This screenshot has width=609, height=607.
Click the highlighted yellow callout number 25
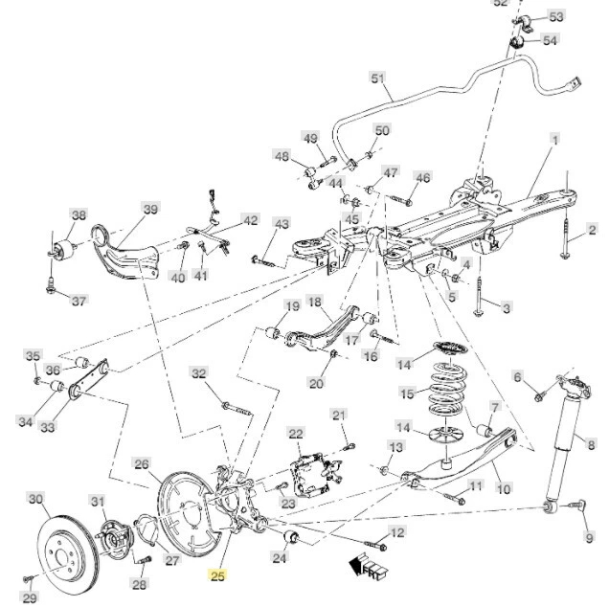[x=217, y=575]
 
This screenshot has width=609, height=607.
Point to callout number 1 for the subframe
[x=553, y=140]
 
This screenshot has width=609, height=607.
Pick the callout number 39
[x=149, y=210]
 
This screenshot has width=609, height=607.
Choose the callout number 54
[x=549, y=40]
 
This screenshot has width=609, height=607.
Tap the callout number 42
[x=250, y=220]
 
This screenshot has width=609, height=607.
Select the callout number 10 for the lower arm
[x=503, y=488]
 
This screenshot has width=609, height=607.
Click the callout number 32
[x=198, y=373]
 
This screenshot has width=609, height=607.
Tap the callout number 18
[x=314, y=303]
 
